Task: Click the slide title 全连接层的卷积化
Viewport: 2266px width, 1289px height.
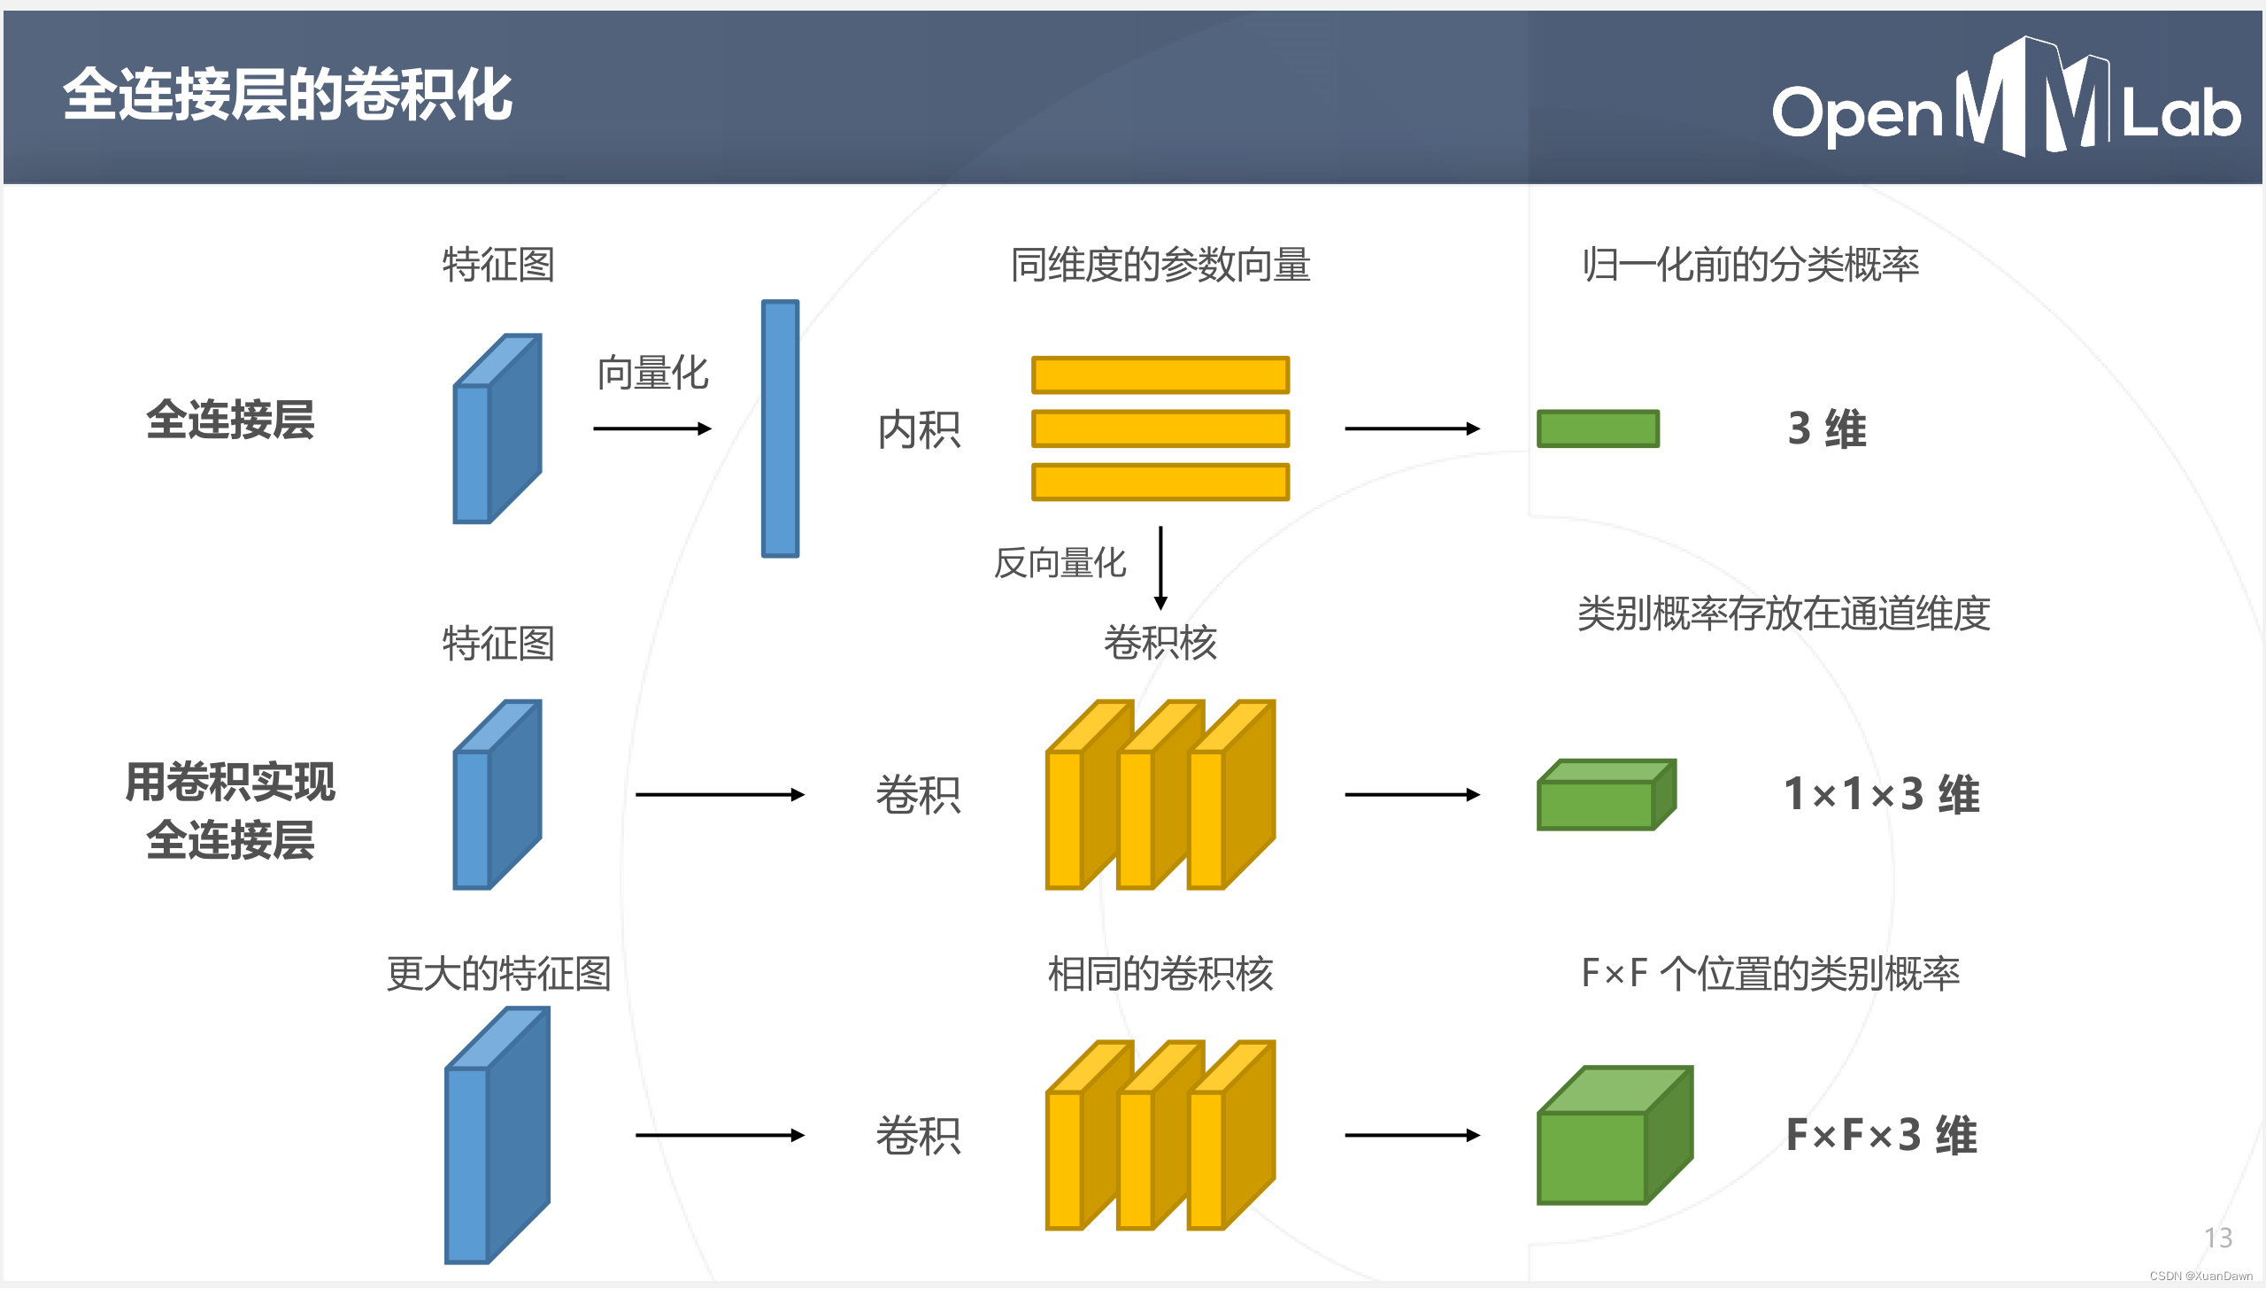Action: point(288,95)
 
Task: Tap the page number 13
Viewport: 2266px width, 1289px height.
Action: point(2217,1237)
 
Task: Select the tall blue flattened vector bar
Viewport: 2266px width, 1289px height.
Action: point(780,428)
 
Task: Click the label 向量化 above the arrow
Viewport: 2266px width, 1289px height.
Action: point(652,373)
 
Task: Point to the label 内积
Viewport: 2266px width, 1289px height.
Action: point(919,430)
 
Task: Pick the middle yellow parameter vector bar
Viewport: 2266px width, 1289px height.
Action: point(1160,428)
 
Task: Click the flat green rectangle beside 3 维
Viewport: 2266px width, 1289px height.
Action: point(1598,428)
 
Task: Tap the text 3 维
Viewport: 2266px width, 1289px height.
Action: point(1827,428)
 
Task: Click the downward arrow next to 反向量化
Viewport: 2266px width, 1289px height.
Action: point(1160,567)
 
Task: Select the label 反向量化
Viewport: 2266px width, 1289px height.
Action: point(1060,563)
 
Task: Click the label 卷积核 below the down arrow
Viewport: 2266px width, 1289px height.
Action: point(1160,643)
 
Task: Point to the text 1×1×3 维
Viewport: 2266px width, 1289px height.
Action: point(1881,794)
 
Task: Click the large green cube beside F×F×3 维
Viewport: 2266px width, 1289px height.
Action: point(1613,1137)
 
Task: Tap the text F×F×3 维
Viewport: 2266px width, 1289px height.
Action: point(1881,1135)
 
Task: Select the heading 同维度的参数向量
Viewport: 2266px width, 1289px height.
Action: point(1160,265)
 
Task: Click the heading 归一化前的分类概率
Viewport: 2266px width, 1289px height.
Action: point(1750,265)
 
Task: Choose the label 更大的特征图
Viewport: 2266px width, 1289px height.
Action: point(498,974)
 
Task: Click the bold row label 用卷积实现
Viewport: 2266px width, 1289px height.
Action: point(230,783)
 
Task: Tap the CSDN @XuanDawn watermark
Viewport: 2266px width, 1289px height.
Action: point(2200,1276)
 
